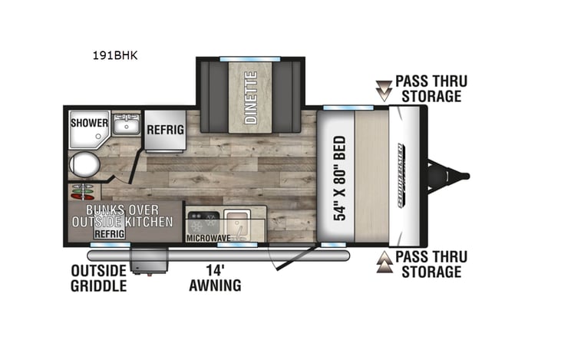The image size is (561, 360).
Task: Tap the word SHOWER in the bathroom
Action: point(89,123)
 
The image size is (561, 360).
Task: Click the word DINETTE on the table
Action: point(250,97)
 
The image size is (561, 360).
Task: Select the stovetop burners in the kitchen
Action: point(203,222)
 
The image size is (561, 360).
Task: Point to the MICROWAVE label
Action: point(208,239)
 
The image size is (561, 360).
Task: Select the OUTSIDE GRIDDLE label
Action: point(98,278)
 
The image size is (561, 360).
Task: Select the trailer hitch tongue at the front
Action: point(449,176)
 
